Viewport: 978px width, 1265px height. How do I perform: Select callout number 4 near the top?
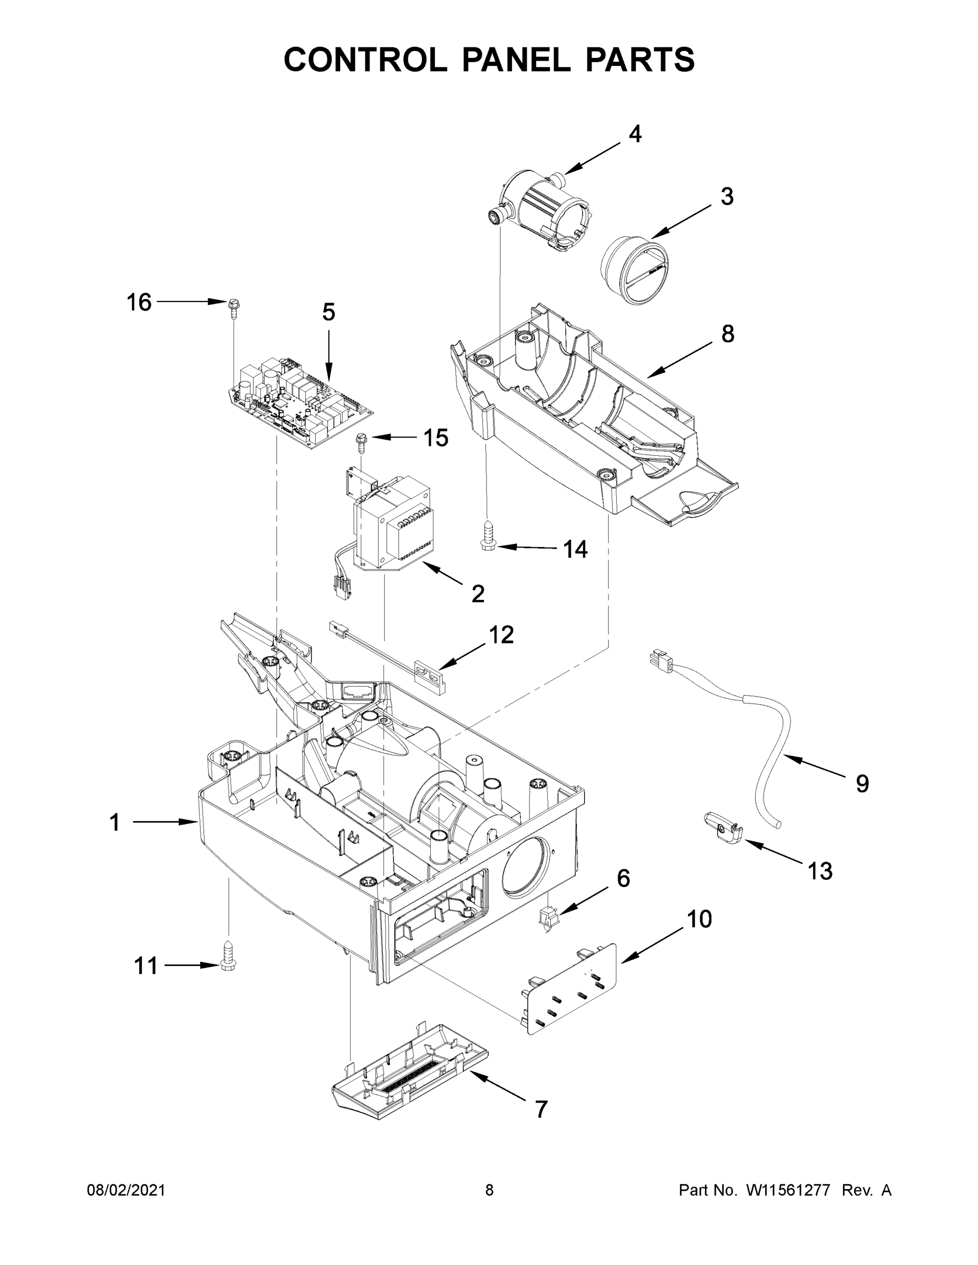tap(635, 134)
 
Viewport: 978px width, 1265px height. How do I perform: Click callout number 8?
tap(728, 334)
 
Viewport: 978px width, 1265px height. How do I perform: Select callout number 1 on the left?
tap(115, 822)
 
